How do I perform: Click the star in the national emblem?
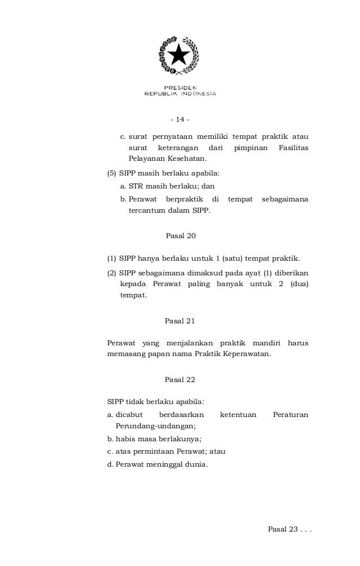pyautogui.click(x=179, y=55)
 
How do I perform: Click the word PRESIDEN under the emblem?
pyautogui.click(x=181, y=87)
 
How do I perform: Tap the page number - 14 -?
pyautogui.click(x=179, y=120)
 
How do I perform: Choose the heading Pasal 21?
pyautogui.click(x=179, y=321)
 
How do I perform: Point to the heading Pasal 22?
pyautogui.click(x=179, y=379)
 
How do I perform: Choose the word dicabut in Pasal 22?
pyautogui.click(x=128, y=414)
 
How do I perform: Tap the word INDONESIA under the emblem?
pyautogui.click(x=195, y=94)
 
